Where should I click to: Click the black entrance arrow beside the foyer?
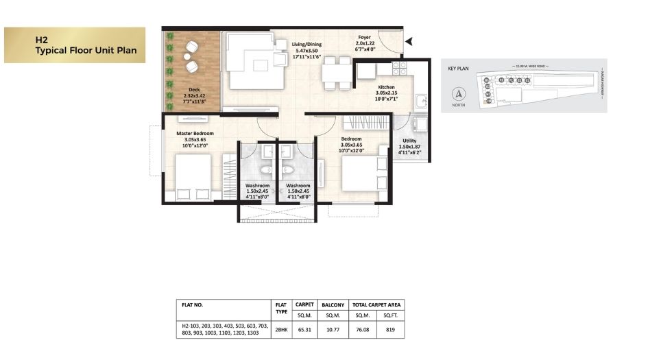(x=409, y=42)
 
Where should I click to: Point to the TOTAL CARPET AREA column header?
(x=377, y=304)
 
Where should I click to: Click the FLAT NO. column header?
(x=193, y=304)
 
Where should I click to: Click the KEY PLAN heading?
(x=458, y=69)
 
